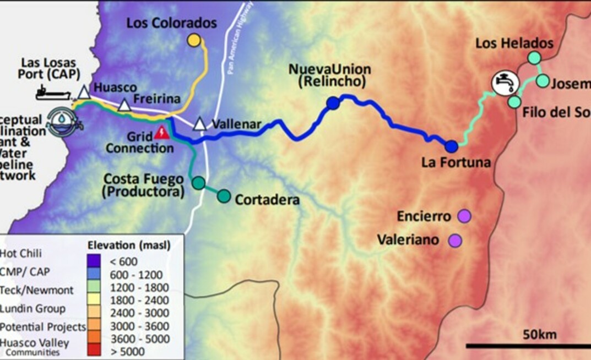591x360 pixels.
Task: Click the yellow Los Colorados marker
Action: coord(193,40)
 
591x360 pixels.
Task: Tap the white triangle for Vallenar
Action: coord(200,124)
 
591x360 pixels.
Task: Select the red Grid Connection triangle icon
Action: coord(161,132)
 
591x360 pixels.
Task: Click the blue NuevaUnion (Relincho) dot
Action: coord(332,103)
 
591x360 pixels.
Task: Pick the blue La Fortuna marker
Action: coord(452,146)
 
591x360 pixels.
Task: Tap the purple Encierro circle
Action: coord(464,216)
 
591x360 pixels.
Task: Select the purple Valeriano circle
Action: coord(455,240)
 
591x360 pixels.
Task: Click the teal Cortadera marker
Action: coord(224,196)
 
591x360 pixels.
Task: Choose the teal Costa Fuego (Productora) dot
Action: coord(198,183)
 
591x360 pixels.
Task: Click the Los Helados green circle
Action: coord(534,57)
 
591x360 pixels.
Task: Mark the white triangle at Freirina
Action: coord(124,105)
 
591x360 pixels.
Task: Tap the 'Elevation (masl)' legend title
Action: coord(129,245)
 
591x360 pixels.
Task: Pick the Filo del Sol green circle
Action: coord(514,102)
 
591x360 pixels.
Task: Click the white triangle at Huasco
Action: coord(83,92)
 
